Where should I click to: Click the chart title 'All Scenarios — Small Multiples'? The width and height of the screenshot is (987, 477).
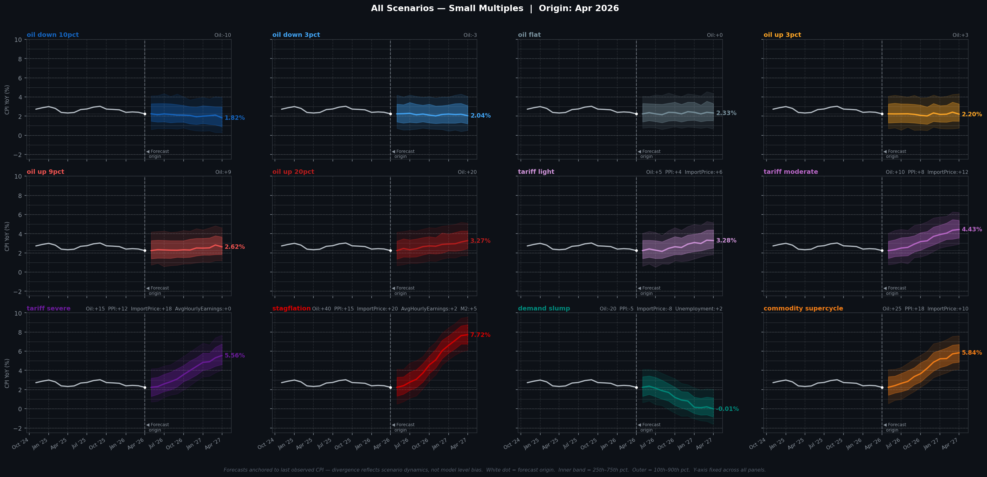pos(447,9)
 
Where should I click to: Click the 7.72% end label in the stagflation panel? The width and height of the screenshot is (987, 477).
pos(480,335)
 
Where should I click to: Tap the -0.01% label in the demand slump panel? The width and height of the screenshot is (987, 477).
pos(727,409)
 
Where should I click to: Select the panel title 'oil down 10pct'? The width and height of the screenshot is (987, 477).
pos(52,35)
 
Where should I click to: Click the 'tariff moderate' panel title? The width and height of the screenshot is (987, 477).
pos(790,172)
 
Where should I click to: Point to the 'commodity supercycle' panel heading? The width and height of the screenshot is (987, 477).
pos(803,308)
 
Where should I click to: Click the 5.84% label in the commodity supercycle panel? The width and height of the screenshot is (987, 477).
pos(972,352)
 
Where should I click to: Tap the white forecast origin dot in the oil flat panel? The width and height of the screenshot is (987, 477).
pos(636,114)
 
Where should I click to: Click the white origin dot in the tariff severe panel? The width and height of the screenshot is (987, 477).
pos(145,387)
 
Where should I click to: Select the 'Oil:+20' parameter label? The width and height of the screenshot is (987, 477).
pos(467,172)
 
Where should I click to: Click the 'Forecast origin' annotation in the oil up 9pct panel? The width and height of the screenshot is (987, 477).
pos(158,290)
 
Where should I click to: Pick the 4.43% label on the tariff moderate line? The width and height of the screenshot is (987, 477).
pos(972,229)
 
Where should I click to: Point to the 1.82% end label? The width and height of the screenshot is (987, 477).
pos(234,118)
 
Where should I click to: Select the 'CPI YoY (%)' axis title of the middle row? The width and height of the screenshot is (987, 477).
pos(7,236)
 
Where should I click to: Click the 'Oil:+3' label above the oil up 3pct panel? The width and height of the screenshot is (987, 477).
pos(960,35)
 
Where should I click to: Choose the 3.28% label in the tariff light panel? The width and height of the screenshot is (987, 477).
pos(726,241)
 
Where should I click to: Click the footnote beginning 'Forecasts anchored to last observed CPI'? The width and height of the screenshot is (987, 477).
pos(494,470)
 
